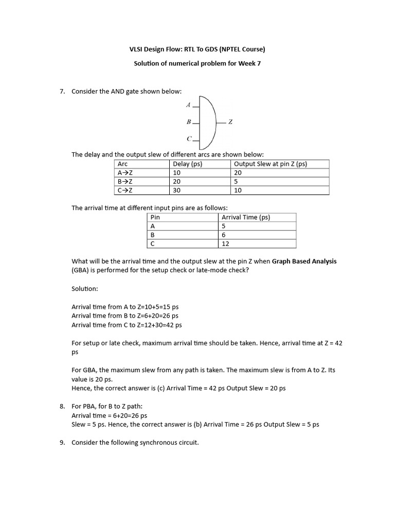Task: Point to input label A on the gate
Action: point(188,105)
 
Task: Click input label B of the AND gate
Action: point(189,122)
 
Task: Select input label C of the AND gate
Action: point(189,138)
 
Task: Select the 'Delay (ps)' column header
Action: point(188,164)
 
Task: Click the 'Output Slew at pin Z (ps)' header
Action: point(270,164)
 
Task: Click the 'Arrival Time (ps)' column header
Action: point(245,217)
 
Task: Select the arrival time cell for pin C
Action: point(225,243)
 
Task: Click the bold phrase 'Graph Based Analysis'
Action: point(304,261)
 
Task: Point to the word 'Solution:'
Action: point(84,289)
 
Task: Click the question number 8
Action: point(62,406)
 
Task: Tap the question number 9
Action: point(62,442)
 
